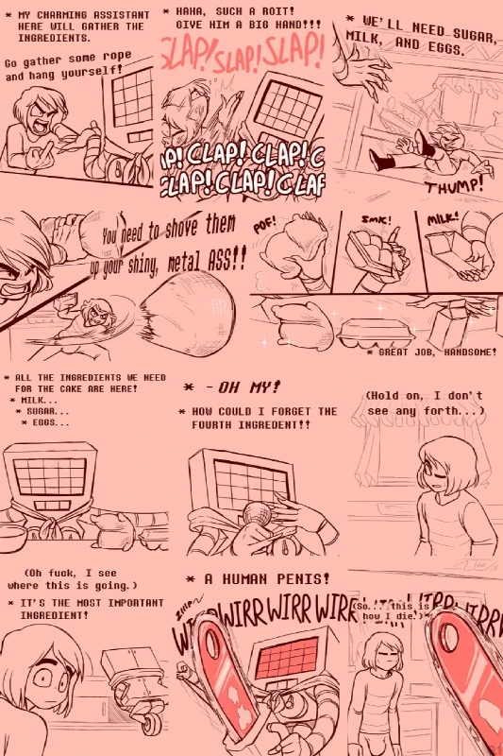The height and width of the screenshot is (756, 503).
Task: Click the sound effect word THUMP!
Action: (453, 186)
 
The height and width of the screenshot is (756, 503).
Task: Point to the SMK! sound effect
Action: (374, 219)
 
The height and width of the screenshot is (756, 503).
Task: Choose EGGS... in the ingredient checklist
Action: (51, 422)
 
